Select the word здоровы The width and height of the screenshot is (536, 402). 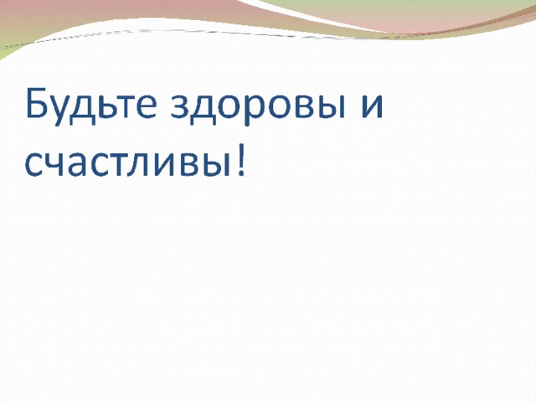coord(255,107)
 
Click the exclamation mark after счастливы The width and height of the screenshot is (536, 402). coord(241,160)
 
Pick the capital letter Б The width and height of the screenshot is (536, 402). coord(36,102)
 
